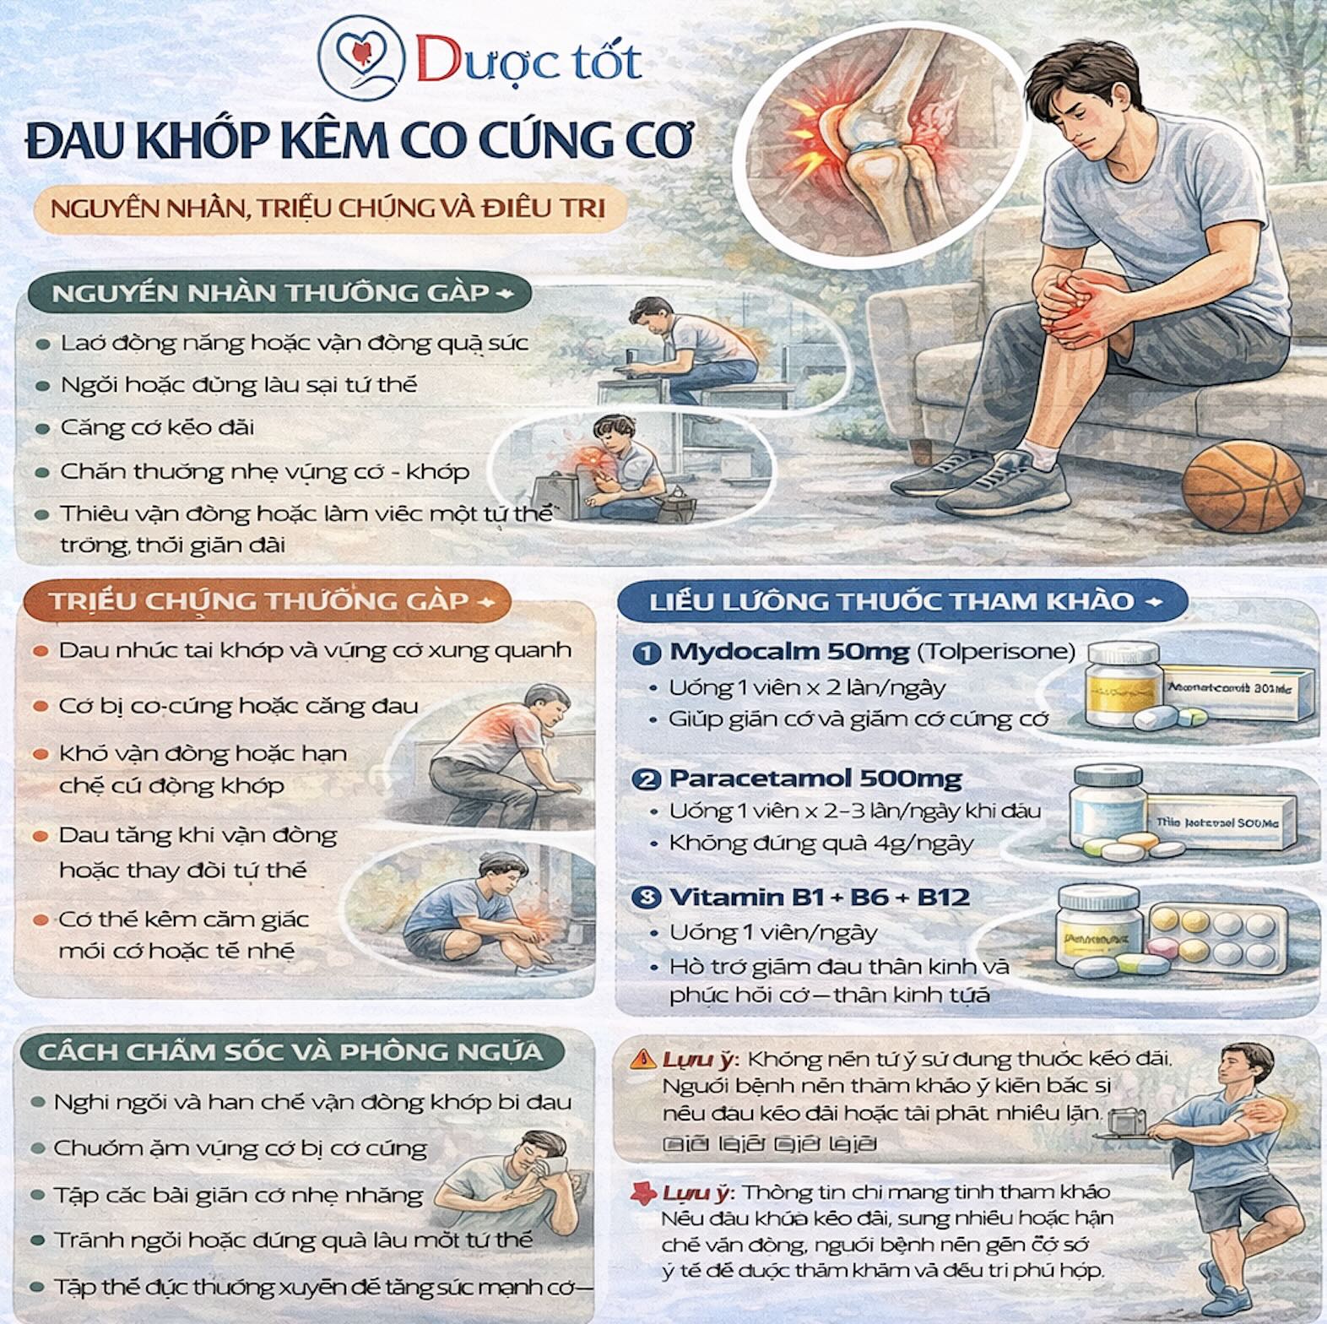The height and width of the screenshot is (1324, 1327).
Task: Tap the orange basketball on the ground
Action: [x=1243, y=490]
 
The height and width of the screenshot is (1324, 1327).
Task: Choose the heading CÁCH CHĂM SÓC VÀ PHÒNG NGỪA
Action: [x=289, y=1052]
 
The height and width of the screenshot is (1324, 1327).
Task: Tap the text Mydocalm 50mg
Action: [x=788, y=651]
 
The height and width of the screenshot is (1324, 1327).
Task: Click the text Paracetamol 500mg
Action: [x=815, y=778]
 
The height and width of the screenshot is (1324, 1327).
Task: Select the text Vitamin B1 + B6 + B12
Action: [x=819, y=897]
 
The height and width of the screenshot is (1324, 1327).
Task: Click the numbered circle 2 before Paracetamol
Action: [x=647, y=779]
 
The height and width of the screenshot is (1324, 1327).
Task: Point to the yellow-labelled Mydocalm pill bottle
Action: [x=1123, y=684]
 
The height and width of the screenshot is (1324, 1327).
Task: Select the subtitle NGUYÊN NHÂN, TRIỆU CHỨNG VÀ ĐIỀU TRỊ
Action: [x=328, y=208]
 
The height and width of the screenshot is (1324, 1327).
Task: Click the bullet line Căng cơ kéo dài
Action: [x=157, y=427]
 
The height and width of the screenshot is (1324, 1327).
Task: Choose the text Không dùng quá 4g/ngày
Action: [x=821, y=843]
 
